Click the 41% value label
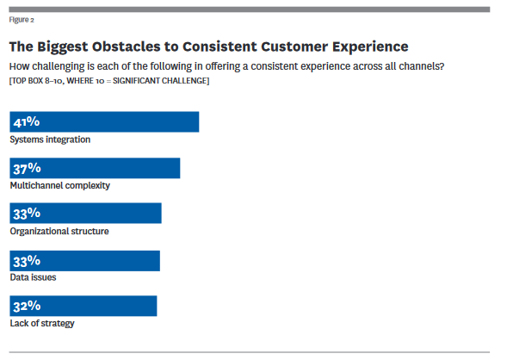click(x=27, y=121)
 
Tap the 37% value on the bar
click(x=28, y=168)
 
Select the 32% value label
click(x=27, y=306)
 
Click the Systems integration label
click(x=50, y=140)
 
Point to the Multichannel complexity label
click(x=60, y=186)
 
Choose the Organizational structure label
click(x=59, y=232)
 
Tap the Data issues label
click(x=33, y=277)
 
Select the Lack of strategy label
click(x=42, y=323)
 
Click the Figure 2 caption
click(x=22, y=20)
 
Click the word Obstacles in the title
click(x=126, y=47)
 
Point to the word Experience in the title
click(x=370, y=47)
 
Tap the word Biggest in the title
click(x=62, y=47)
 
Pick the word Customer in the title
click(x=294, y=47)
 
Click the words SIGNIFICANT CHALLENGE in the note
click(x=160, y=81)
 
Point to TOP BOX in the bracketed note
click(x=28, y=81)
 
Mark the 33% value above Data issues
click(x=27, y=261)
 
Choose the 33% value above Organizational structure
click(x=27, y=214)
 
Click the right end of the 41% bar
click(x=199, y=122)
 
